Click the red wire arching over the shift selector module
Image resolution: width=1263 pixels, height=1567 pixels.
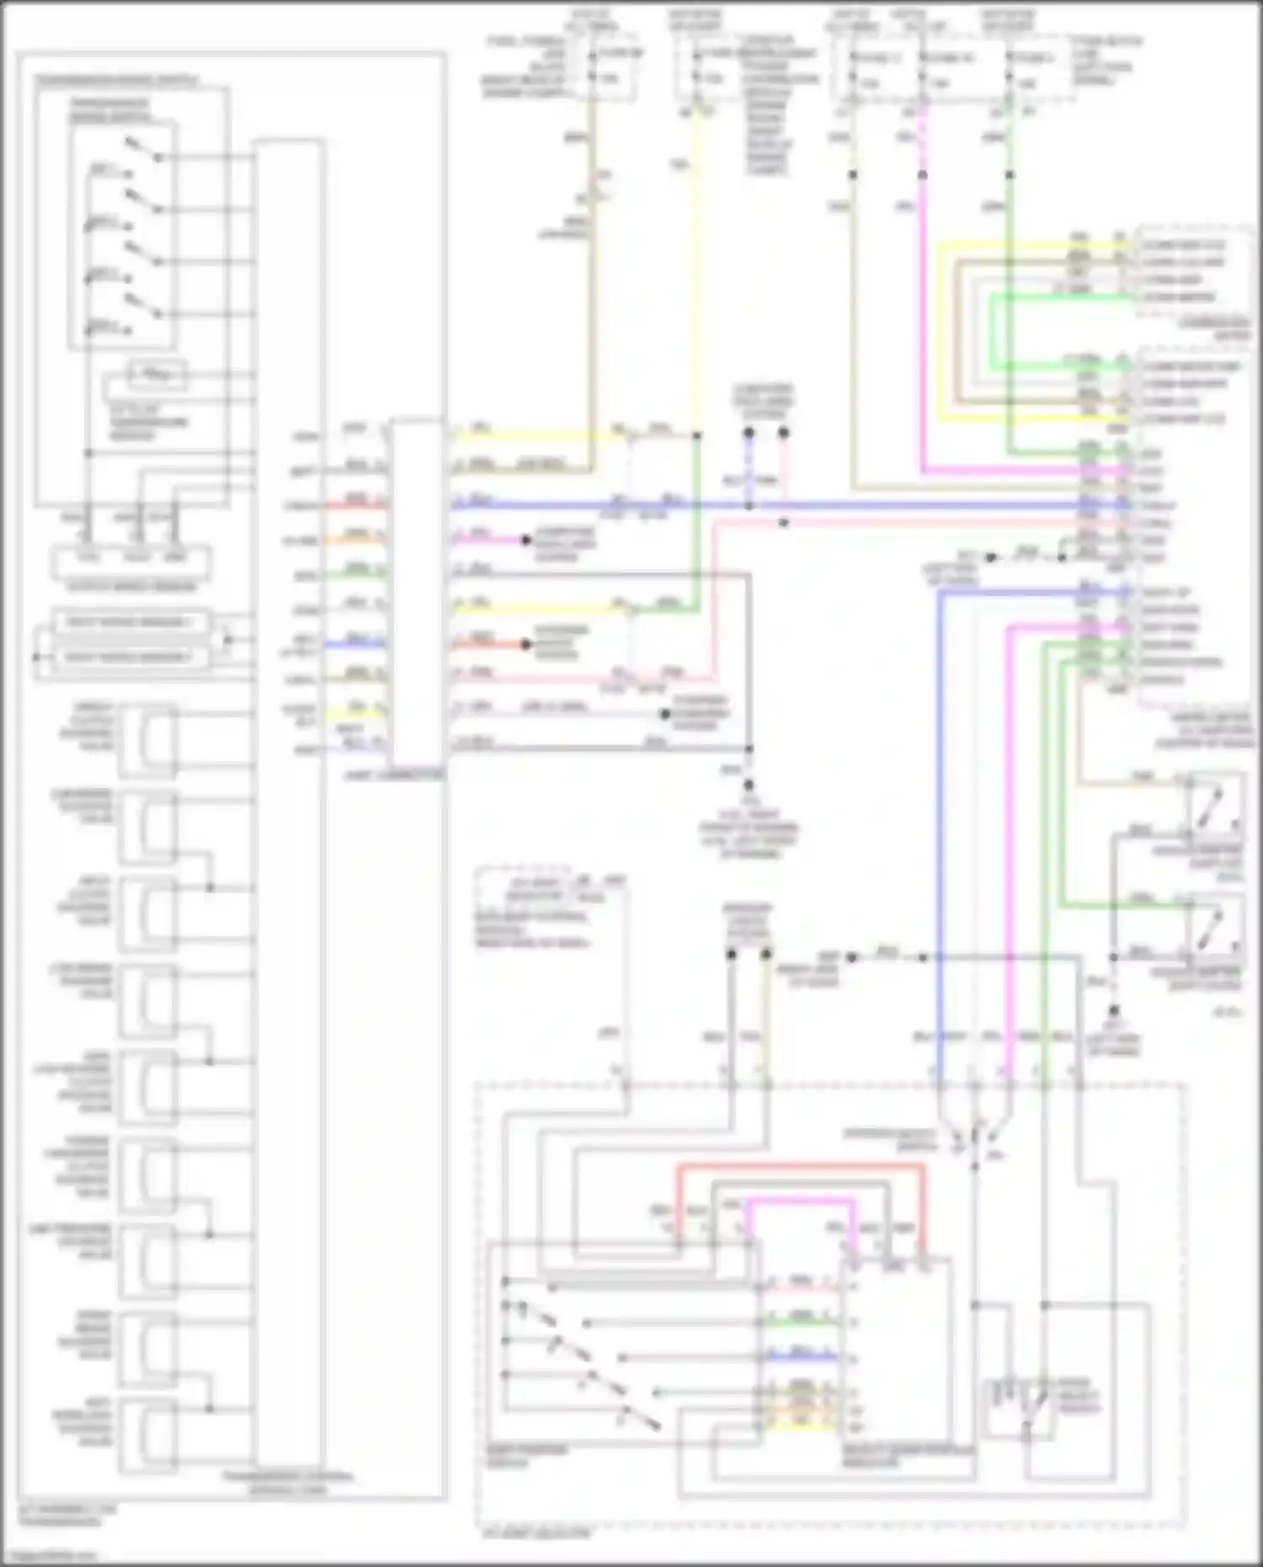point(800,1168)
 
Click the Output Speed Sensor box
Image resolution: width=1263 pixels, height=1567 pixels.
point(131,559)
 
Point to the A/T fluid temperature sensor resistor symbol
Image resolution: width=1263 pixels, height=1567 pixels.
point(157,373)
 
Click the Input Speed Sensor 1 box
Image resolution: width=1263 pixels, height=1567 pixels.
point(131,622)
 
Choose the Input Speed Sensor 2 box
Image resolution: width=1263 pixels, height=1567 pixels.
point(131,657)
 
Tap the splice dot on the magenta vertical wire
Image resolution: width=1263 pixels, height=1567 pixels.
point(923,175)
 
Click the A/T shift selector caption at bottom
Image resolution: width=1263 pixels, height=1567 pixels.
point(536,1533)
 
